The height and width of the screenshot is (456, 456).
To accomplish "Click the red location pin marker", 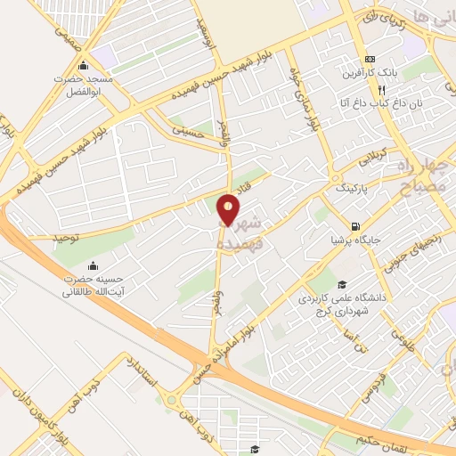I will pyautogui.click(x=229, y=210).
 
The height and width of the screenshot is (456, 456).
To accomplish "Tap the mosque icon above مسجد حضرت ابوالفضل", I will pyautogui.click(x=84, y=66).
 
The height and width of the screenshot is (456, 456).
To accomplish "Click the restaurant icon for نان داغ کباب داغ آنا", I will pyautogui.click(x=381, y=90).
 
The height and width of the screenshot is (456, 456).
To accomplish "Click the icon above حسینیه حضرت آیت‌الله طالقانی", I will pyautogui.click(x=94, y=265).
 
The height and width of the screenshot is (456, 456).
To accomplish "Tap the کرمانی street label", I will pyautogui.click(x=375, y=161).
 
